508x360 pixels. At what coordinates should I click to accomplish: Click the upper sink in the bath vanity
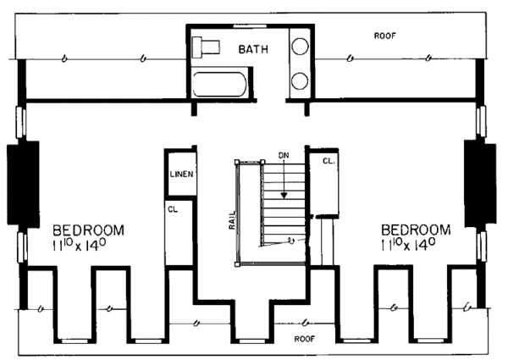(300, 47)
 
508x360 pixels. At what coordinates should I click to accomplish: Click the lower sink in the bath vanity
(300, 81)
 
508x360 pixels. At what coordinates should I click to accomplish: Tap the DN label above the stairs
(284, 157)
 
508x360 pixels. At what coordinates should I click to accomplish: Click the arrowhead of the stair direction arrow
(284, 194)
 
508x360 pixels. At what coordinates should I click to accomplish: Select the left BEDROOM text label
(89, 230)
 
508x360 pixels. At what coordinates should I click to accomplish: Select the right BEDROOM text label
(416, 230)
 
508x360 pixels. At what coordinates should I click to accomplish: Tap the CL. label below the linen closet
(172, 207)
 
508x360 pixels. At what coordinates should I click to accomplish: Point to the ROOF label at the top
(386, 36)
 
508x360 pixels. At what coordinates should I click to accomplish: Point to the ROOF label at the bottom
(305, 336)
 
